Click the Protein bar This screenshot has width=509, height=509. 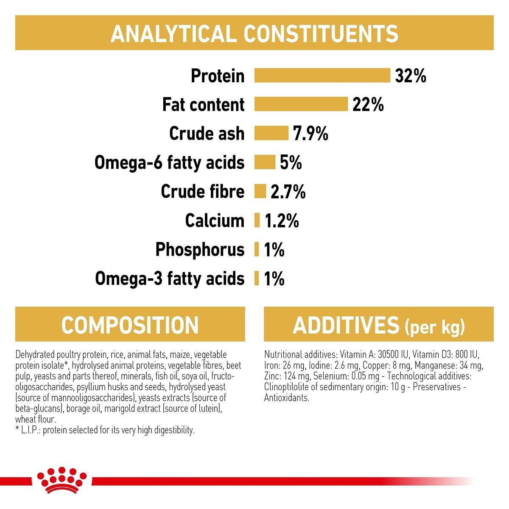click(322, 76)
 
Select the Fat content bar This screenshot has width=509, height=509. click(301, 104)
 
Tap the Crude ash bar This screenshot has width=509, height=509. click(271, 133)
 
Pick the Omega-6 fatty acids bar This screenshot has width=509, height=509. click(265, 162)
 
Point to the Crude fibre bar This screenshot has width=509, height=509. click(260, 191)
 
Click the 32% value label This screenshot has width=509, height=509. click(410, 76)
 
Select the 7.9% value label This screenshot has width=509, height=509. click(310, 134)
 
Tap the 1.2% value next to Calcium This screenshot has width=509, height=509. click(282, 221)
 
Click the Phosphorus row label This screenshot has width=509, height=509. click(200, 249)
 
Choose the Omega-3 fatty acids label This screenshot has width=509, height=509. click(170, 279)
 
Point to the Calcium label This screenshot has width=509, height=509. click(215, 221)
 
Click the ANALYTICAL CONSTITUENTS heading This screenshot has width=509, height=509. click(254, 34)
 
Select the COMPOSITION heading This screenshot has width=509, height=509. click(130, 325)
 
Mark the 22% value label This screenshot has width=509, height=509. click(368, 105)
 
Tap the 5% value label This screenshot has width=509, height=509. click(291, 162)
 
